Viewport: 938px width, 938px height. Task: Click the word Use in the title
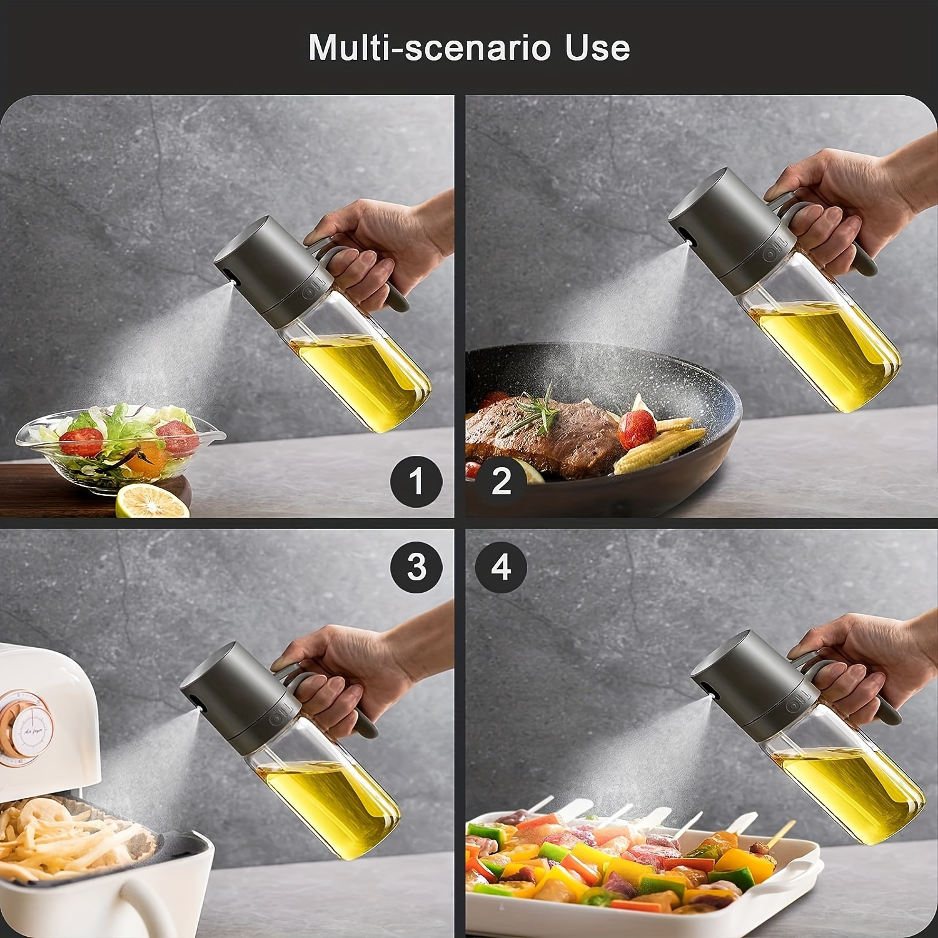598,48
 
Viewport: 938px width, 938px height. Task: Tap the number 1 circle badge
416,482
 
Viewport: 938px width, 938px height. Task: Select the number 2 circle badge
501,482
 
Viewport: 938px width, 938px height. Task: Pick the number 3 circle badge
416,567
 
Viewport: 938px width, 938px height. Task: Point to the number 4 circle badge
501,567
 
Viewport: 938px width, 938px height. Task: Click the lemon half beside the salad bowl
153,501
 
